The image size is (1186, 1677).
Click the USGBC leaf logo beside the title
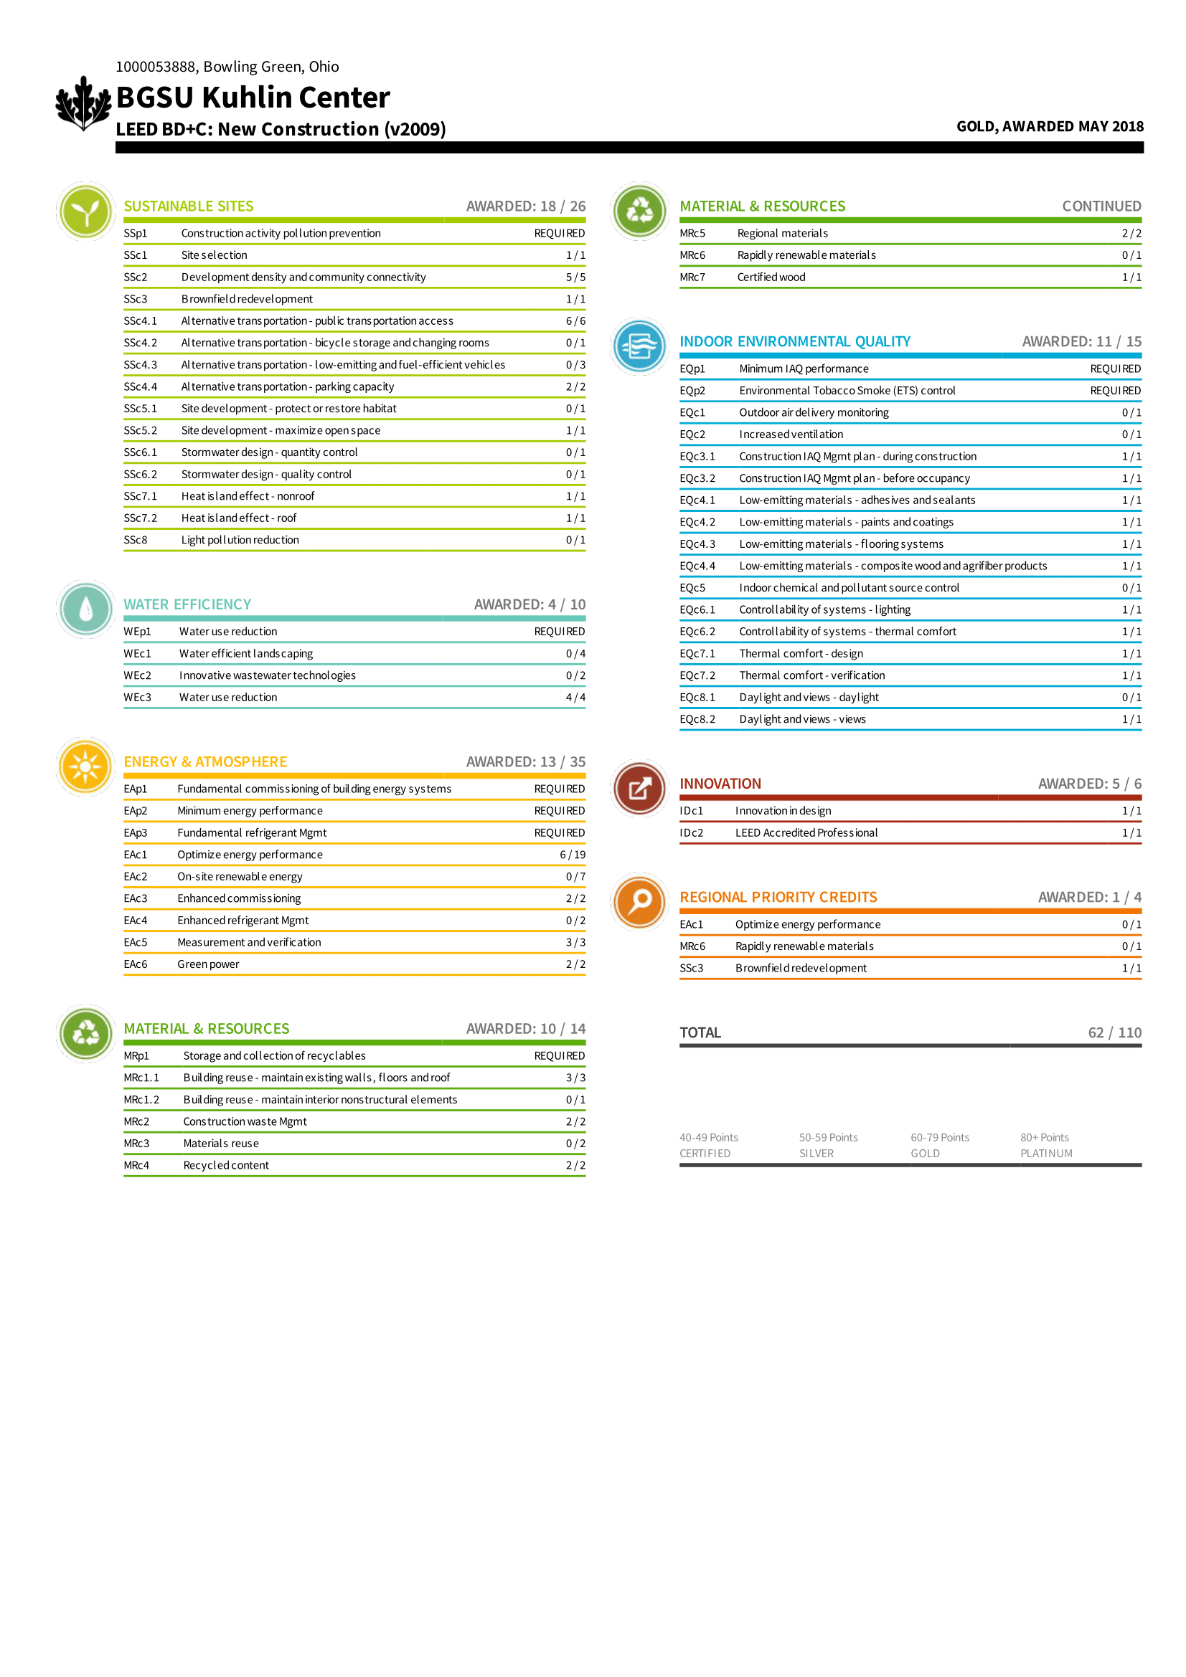pos(83,103)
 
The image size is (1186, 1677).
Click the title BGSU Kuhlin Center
pos(253,97)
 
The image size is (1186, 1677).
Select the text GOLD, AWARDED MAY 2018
pos(1050,126)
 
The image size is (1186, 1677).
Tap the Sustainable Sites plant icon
pos(85,212)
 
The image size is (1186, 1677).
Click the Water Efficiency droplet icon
pos(85,609)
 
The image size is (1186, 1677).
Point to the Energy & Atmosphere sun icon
pos(85,766)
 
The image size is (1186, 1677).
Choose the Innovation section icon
pos(639,789)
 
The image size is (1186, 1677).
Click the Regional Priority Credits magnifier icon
pos(639,901)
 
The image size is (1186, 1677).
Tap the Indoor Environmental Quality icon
pos(639,346)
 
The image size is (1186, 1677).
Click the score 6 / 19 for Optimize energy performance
pos(572,855)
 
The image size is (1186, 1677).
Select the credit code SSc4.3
pos(141,364)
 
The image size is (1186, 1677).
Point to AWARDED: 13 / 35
pos(525,762)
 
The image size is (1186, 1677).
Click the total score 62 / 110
pos(1114,1032)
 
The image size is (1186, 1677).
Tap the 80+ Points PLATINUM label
pos(1046,1145)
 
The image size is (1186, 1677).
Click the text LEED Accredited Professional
pos(806,832)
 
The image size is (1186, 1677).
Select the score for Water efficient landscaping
pos(575,654)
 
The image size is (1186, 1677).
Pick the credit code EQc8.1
pos(697,698)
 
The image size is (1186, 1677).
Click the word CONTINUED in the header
pos(1101,206)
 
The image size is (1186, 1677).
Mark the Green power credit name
pos(208,964)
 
